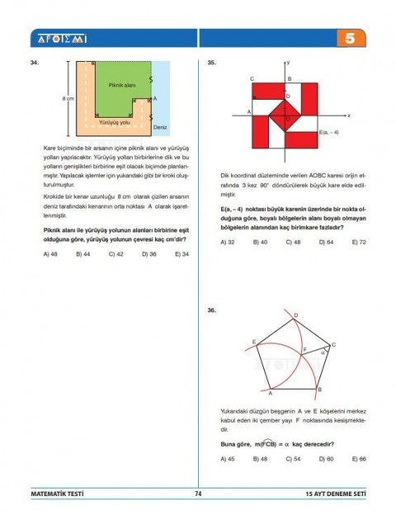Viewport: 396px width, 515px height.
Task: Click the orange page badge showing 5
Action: click(350, 39)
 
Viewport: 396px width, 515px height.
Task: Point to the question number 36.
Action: click(213, 310)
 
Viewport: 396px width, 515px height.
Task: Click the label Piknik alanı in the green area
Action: click(121, 85)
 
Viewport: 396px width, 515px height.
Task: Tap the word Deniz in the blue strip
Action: click(160, 128)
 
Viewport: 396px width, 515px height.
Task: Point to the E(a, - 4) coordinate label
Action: click(329, 132)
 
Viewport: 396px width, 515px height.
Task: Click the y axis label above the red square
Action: click(288, 63)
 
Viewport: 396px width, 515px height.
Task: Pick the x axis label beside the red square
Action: click(349, 115)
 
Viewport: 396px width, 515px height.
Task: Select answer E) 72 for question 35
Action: click(359, 242)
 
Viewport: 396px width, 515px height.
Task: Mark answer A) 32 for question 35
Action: click(228, 242)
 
